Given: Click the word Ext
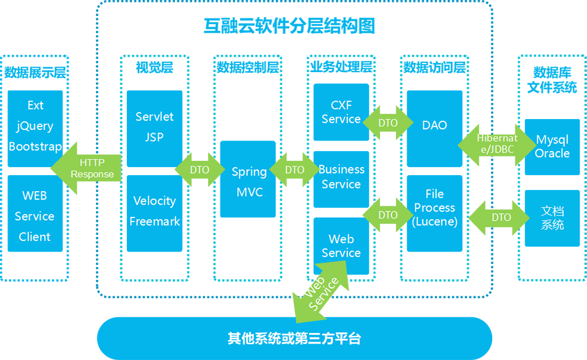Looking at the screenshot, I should pyautogui.click(x=36, y=105).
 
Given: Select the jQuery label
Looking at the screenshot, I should pyautogui.click(x=35, y=126).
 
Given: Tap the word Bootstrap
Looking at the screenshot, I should pyautogui.click(x=35, y=147).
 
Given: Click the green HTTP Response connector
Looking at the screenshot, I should pyautogui.click(x=92, y=168).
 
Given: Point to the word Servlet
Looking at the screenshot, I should pyautogui.click(x=154, y=117).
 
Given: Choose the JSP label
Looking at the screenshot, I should pyautogui.click(x=154, y=137).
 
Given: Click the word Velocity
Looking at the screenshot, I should pyautogui.click(x=155, y=201).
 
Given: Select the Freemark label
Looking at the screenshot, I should pyautogui.click(x=155, y=221).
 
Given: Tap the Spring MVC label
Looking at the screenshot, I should pyautogui.click(x=249, y=182).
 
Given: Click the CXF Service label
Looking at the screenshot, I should pyautogui.click(x=341, y=112).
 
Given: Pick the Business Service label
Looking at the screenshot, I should pyautogui.click(x=341, y=177).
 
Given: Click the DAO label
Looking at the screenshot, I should pyautogui.click(x=435, y=125).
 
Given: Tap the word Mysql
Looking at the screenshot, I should pyautogui.click(x=553, y=139).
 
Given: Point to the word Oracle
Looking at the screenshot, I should pyautogui.click(x=553, y=153).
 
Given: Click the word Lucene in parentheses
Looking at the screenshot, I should pyautogui.click(x=435, y=222).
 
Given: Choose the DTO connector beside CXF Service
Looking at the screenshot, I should pyautogui.click(x=388, y=123).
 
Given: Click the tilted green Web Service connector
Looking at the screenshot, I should pyautogui.click(x=322, y=290).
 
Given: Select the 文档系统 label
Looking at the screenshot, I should pyautogui.click(x=553, y=218).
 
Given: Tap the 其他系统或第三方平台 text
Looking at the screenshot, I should pyautogui.click(x=294, y=338).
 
